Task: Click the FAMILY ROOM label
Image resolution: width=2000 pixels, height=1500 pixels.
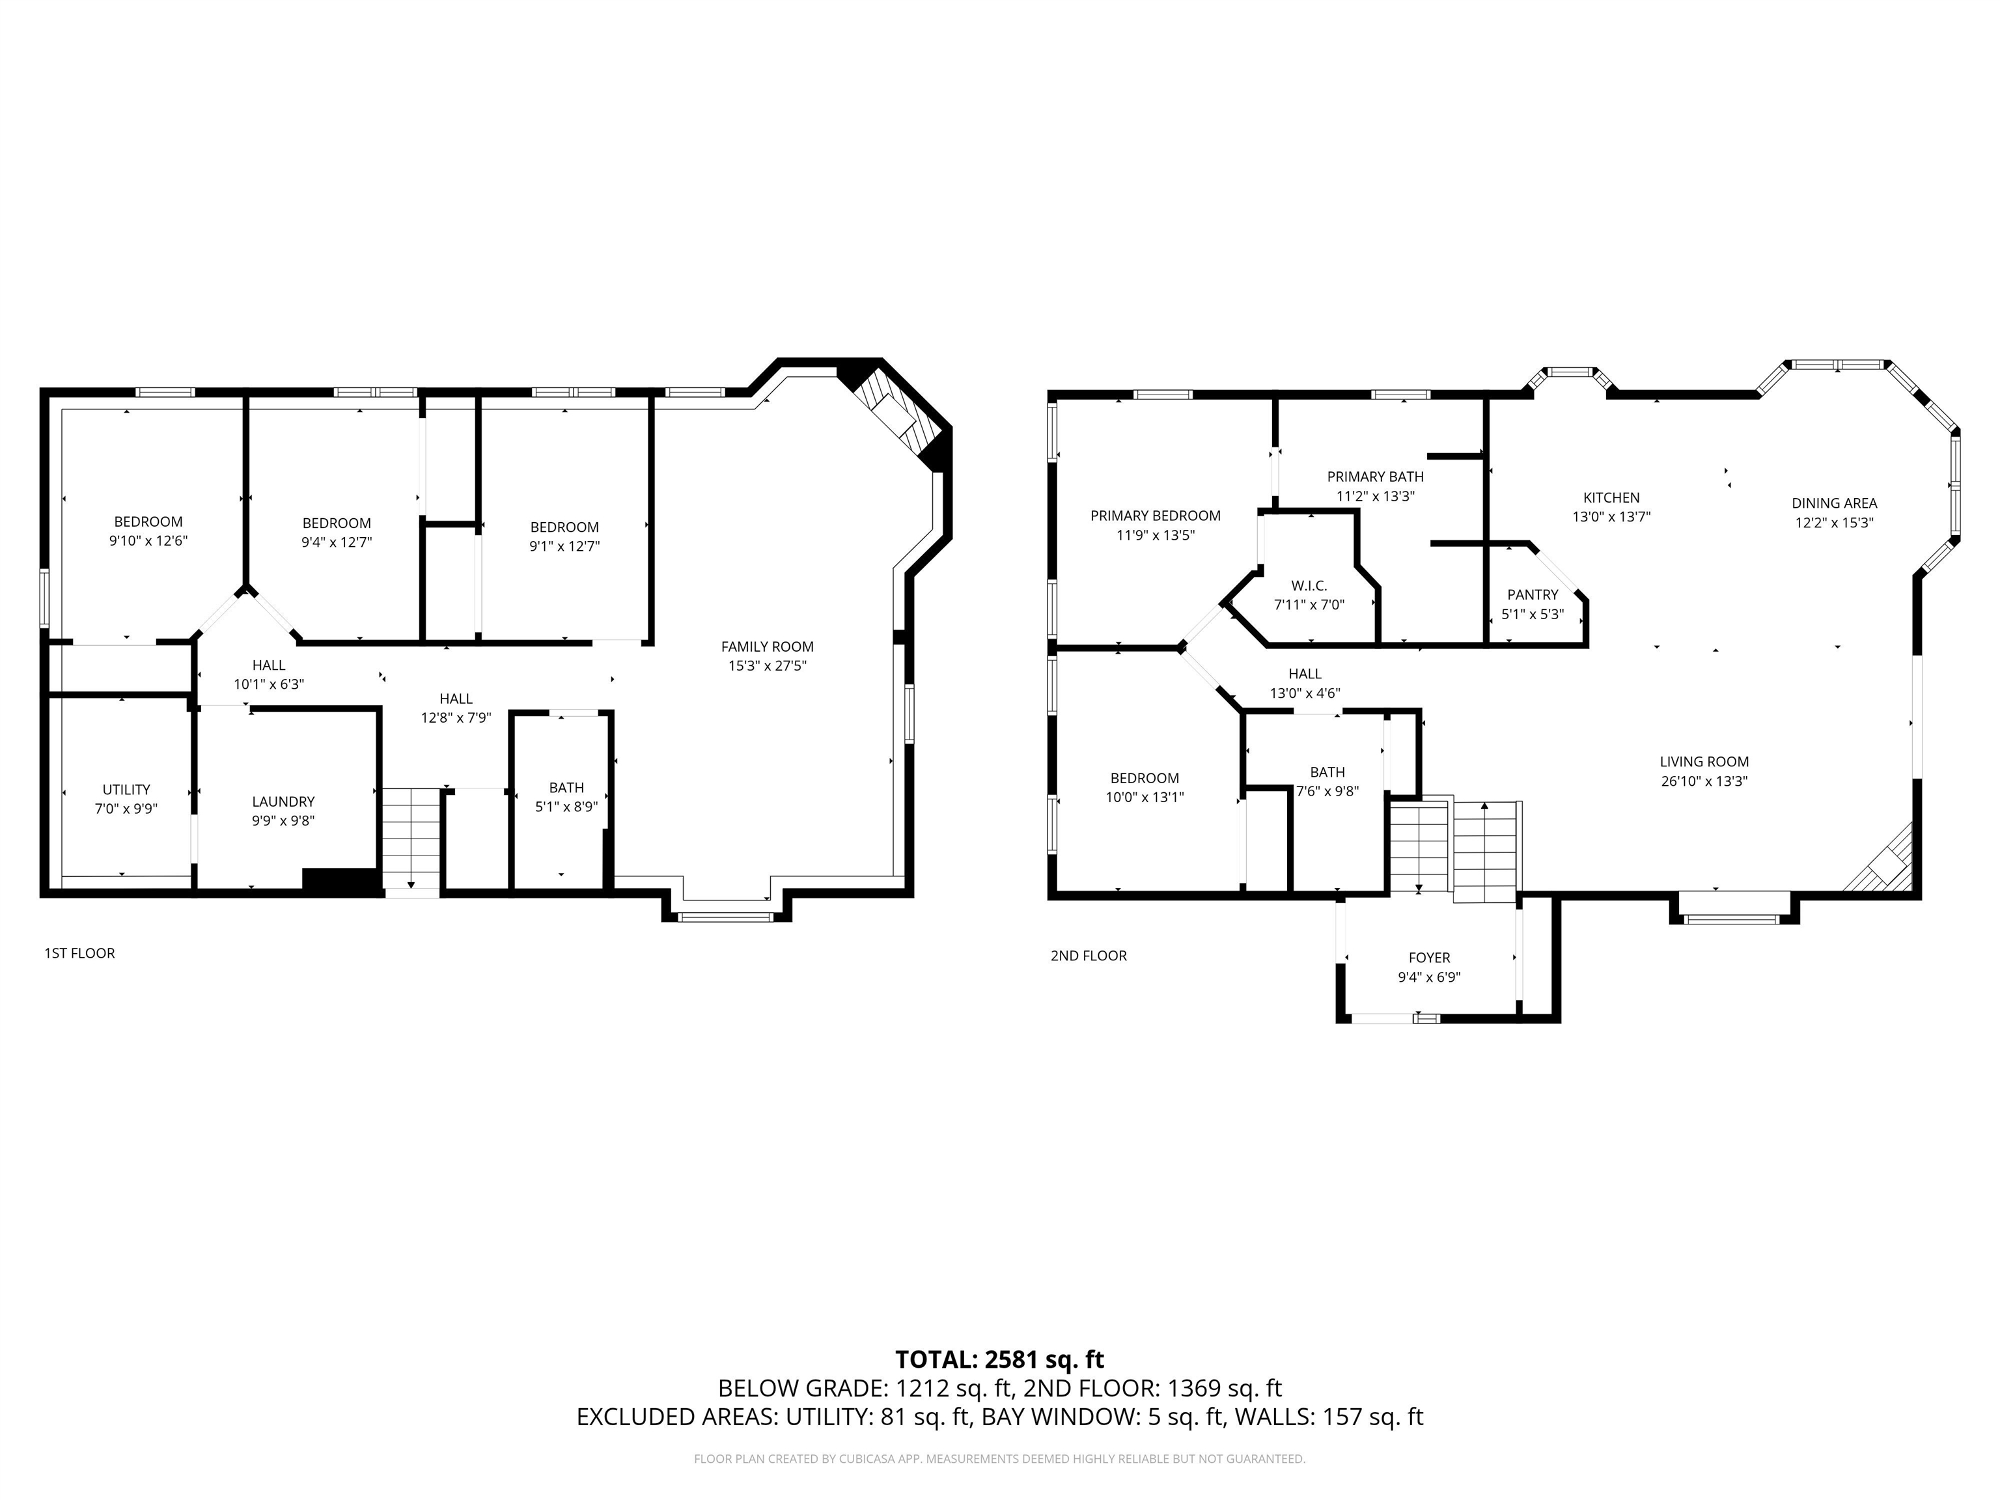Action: [767, 646]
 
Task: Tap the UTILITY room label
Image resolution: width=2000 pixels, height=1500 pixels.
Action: [126, 789]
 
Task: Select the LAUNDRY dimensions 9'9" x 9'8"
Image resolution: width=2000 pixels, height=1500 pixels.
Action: [283, 821]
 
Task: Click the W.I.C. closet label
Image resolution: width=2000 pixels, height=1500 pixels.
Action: [1309, 586]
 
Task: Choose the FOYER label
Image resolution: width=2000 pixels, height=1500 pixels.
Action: [1428, 958]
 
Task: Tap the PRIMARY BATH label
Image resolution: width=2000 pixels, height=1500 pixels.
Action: [1374, 477]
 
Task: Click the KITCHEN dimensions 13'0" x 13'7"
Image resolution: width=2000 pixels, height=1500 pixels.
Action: [1611, 517]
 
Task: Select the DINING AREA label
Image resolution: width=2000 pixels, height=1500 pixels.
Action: [1833, 503]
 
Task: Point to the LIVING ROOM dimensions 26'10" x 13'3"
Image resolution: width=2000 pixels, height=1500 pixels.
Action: [1703, 781]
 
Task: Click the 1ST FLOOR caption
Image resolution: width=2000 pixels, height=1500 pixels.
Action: [79, 953]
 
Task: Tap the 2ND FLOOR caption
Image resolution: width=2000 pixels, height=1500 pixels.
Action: [1088, 956]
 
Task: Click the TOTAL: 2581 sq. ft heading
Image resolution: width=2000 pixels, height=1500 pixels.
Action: [999, 1359]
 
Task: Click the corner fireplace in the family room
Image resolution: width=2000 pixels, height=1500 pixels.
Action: [895, 412]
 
